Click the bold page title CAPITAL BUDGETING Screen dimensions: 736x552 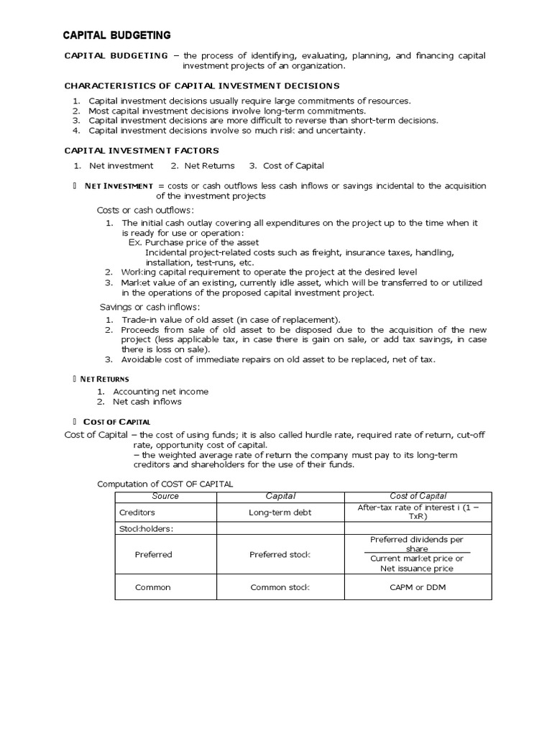point(117,34)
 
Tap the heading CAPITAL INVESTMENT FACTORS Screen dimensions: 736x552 point(142,150)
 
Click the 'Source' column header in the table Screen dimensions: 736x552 point(165,496)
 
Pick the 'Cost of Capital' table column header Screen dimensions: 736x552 point(418,496)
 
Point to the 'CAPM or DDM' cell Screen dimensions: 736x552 point(418,587)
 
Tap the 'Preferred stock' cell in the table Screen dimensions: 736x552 point(280,554)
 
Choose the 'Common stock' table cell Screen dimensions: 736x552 point(280,587)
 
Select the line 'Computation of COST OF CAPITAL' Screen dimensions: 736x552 point(165,484)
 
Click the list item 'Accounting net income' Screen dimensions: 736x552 point(160,392)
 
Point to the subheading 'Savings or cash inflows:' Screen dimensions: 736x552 point(149,307)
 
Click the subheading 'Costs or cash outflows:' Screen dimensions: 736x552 point(145,210)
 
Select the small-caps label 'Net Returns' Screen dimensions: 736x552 point(105,378)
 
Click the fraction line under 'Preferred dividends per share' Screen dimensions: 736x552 point(418,552)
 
